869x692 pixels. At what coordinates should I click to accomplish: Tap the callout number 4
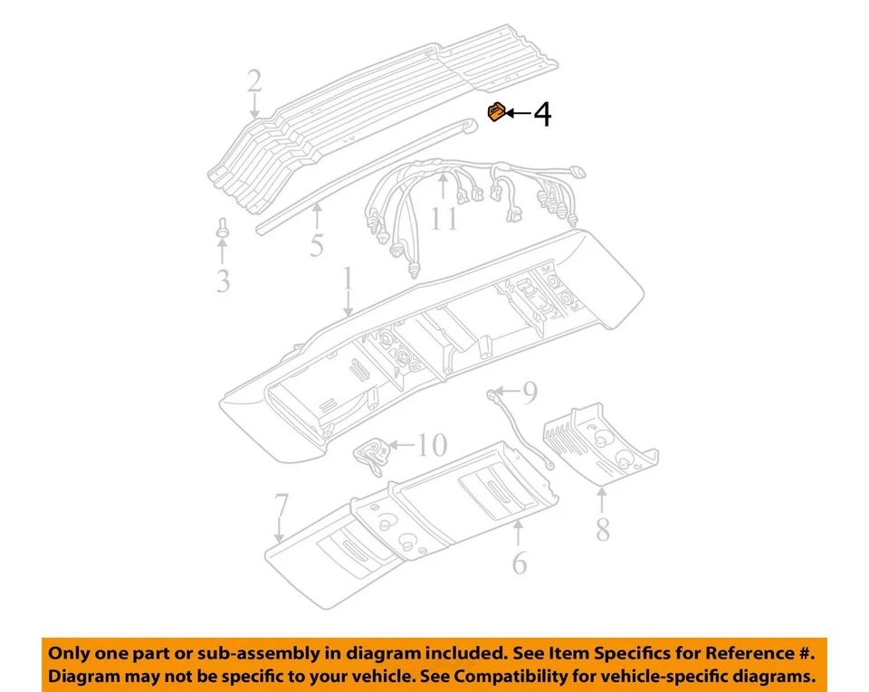coord(541,114)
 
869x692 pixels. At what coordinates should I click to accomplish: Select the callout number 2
coord(254,82)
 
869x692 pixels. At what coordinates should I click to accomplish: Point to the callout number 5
coord(316,244)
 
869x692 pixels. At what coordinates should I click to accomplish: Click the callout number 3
coord(223,281)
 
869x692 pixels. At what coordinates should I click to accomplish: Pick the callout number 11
coord(444,218)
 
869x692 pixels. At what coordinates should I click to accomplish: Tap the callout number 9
coord(530,392)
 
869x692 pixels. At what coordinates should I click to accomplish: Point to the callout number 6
coord(519,563)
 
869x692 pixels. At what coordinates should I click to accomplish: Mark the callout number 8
coord(603,527)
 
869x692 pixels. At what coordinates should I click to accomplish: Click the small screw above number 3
coord(221,227)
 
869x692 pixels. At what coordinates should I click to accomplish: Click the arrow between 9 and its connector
coord(507,392)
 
